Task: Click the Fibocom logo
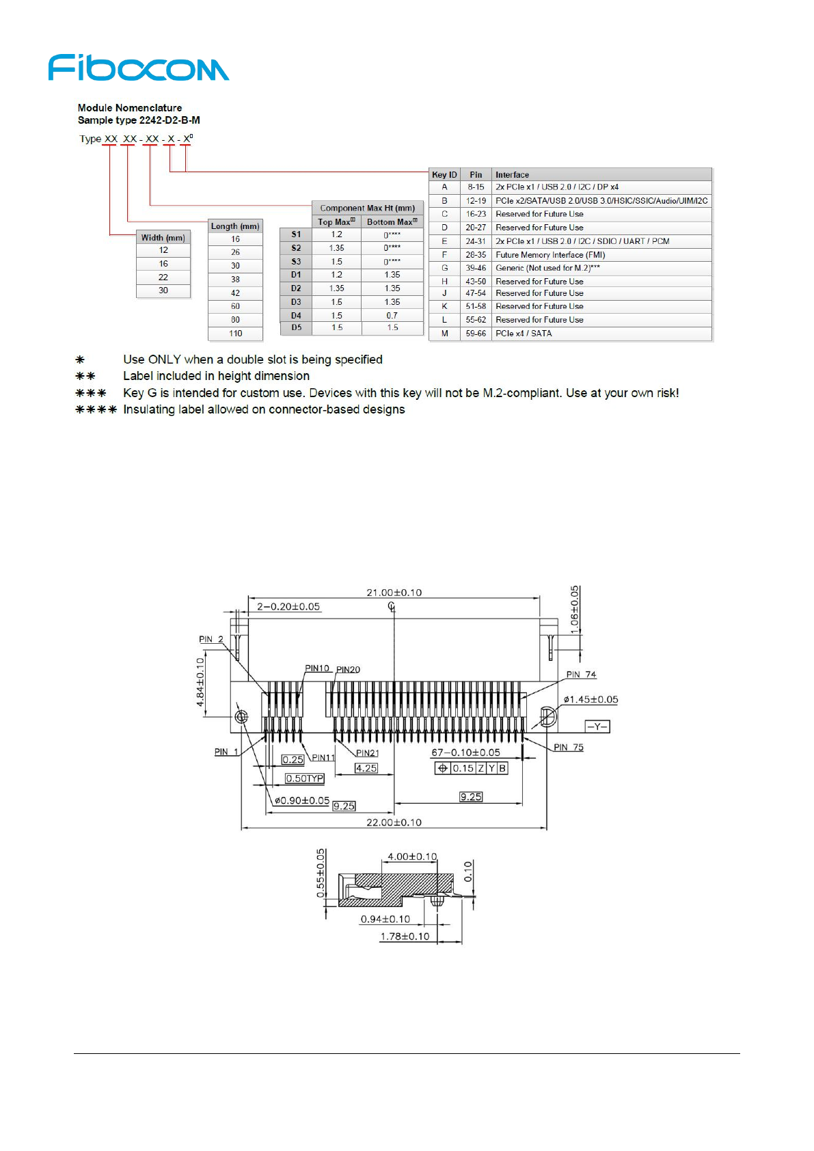(139, 68)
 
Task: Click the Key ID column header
(444, 175)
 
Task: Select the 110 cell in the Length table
(235, 334)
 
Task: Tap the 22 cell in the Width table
(163, 277)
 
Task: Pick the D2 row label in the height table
(296, 288)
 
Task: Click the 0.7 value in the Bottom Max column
(392, 316)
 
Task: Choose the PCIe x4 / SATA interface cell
(524, 334)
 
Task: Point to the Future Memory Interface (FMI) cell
(550, 255)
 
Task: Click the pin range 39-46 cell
(476, 268)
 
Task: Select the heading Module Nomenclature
(130, 108)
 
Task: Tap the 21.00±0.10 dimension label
(394, 593)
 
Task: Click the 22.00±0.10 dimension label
(394, 822)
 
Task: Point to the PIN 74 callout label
(581, 675)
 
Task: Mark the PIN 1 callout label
(226, 752)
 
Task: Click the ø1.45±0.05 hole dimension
(591, 699)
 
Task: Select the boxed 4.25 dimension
(366, 768)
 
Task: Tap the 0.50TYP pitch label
(305, 778)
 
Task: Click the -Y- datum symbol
(597, 727)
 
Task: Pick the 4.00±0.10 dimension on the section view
(412, 856)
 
